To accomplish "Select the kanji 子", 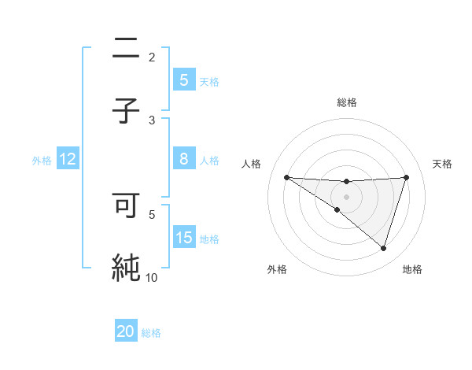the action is point(125,111).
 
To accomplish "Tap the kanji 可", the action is point(125,205).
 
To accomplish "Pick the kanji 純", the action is point(125,267).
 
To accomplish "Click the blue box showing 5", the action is point(183,80).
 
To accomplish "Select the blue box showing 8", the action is point(183,159).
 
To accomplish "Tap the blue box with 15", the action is point(183,237).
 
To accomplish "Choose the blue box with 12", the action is point(68,159).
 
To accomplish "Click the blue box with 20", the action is point(126,331).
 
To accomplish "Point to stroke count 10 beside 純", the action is point(151,277).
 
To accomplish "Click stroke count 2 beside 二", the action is point(152,57).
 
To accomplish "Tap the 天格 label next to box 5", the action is point(209,81).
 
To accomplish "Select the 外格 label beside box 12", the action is point(42,161).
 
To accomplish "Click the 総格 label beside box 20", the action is point(151,333).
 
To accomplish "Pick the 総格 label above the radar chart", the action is point(346,102).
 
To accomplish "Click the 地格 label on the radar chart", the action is point(412,269).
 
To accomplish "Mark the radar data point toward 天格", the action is point(407,177).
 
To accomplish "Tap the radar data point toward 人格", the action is point(286,177).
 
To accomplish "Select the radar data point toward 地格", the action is point(384,249).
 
